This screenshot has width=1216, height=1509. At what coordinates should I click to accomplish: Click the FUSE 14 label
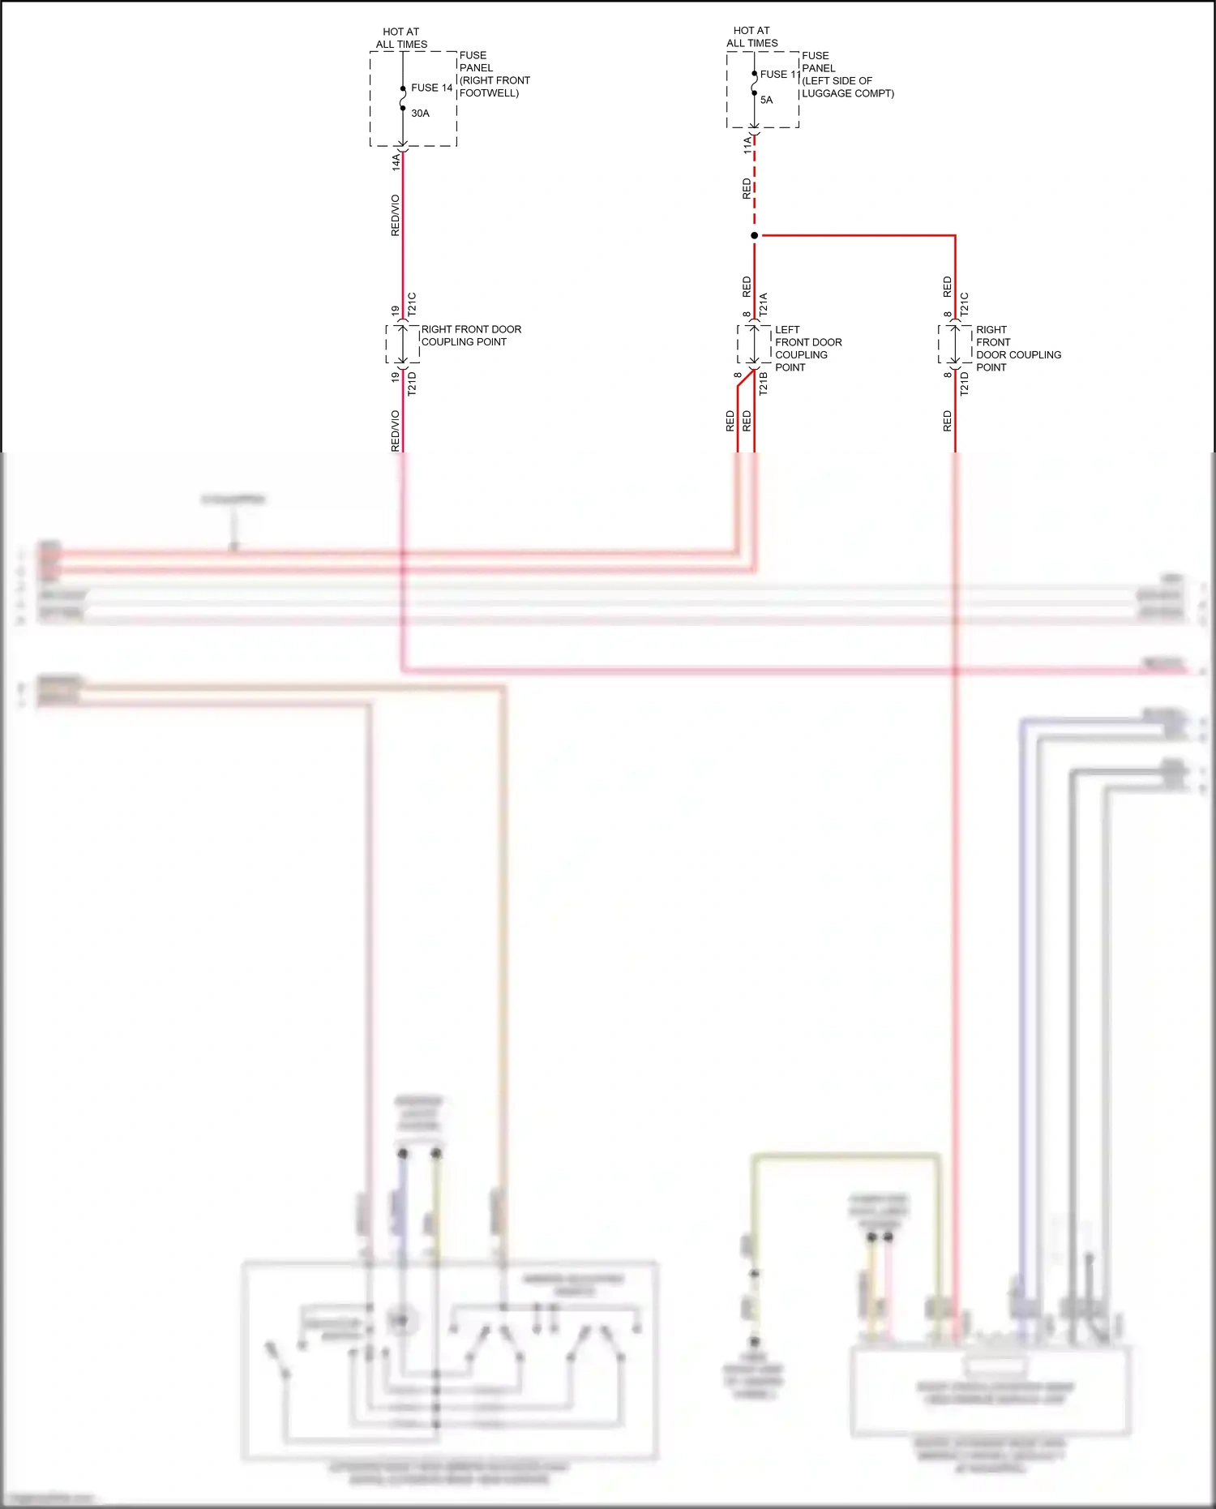(x=431, y=88)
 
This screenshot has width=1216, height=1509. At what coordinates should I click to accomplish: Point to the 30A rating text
(x=420, y=114)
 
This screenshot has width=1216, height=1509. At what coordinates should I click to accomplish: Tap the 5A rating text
(x=766, y=101)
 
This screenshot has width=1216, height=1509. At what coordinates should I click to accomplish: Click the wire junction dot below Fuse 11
(x=754, y=236)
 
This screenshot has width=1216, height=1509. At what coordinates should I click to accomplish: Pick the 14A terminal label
(x=396, y=161)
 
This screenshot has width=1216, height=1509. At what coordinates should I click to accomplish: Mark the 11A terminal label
(x=747, y=146)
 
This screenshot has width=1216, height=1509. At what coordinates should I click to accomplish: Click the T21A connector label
(x=763, y=305)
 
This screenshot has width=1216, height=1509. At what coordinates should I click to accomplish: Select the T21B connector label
(x=763, y=384)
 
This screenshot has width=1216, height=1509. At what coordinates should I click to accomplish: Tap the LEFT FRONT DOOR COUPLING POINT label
(x=807, y=349)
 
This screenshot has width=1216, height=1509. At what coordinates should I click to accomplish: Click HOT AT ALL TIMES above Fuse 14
(x=401, y=38)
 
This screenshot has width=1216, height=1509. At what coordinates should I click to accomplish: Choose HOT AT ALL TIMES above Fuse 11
(x=751, y=37)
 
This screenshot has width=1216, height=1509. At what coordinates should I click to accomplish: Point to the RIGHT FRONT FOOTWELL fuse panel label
(x=494, y=87)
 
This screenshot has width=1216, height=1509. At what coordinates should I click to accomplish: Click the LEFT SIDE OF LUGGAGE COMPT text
(x=847, y=87)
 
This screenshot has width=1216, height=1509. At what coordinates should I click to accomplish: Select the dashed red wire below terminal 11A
(x=755, y=186)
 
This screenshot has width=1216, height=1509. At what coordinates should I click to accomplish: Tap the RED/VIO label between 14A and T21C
(x=396, y=216)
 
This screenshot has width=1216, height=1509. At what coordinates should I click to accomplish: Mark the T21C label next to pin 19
(x=412, y=304)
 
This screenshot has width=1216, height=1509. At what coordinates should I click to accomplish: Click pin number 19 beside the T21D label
(x=396, y=377)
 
